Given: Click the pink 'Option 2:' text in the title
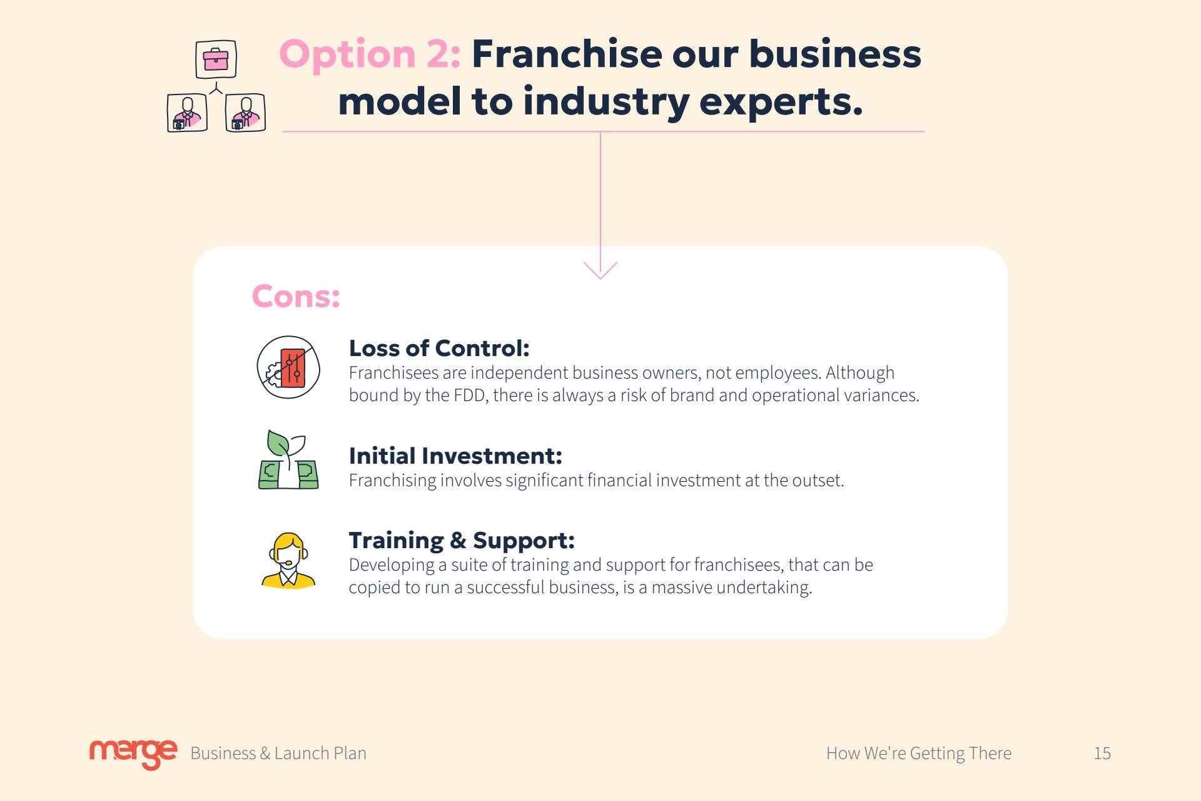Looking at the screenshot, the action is coord(370,55).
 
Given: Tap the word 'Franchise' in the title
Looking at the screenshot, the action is coord(566,54).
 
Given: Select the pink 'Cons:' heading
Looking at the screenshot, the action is coord(296,296).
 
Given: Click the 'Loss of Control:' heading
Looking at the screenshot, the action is coord(439,348).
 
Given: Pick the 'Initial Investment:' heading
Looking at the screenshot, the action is coord(455,456).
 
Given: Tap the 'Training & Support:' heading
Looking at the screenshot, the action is coord(462,541).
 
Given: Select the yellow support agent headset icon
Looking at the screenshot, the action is coord(288,561).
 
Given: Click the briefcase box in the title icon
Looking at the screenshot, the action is coord(216,59).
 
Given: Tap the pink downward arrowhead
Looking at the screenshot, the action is coord(600,270).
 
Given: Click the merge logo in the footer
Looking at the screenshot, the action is coord(133,753).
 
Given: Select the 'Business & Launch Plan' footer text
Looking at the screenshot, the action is coord(278,753).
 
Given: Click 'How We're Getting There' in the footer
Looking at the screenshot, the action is coord(919,753).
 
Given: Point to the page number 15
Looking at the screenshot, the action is coord(1102,753).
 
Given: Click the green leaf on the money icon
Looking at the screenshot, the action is coord(277,442).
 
